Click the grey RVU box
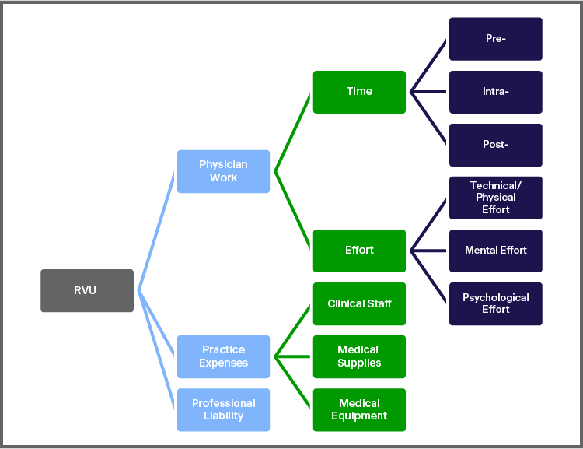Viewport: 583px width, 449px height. coord(86,290)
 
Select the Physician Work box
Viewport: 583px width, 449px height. coord(223,171)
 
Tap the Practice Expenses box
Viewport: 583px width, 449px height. coord(223,356)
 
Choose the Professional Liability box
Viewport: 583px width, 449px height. coord(223,409)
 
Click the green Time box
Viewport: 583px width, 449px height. coord(359,92)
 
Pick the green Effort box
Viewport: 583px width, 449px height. coord(359,251)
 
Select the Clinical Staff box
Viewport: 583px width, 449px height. coord(359,303)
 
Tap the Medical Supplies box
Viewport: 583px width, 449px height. coord(359,356)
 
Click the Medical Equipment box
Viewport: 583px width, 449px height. coord(359,409)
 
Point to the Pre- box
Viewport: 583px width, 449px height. coord(495,39)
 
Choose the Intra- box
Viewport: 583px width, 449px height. coord(495,92)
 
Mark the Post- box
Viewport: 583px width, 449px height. coord(495,145)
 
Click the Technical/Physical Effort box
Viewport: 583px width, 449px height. coord(495,198)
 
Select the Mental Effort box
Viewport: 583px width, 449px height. coord(495,251)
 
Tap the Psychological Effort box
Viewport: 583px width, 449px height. coord(495,303)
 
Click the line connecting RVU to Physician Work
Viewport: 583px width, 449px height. coord(156,231)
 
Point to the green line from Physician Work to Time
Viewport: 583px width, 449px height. coord(293,132)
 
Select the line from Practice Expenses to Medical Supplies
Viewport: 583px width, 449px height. coord(294,357)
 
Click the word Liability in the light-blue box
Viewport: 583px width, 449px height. coord(223,416)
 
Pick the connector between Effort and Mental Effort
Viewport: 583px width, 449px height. coord(429,251)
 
